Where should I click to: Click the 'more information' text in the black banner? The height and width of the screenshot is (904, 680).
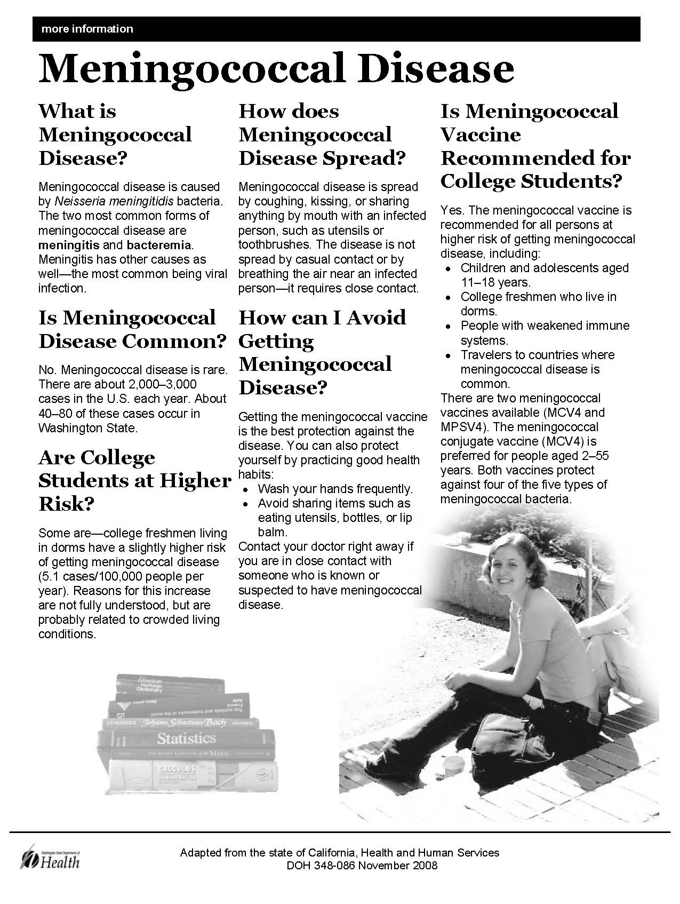(x=87, y=29)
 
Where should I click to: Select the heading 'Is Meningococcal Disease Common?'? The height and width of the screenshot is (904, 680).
(x=132, y=329)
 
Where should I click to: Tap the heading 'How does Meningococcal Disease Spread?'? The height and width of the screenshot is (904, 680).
(x=322, y=134)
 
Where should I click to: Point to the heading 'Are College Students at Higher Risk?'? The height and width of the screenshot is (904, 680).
(x=134, y=480)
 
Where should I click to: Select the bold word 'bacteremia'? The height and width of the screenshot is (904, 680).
(x=159, y=245)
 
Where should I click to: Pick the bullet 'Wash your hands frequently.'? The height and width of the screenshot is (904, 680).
(x=335, y=489)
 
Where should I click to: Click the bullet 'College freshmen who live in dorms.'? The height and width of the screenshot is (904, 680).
(x=538, y=304)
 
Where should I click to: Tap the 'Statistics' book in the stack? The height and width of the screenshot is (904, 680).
(x=186, y=739)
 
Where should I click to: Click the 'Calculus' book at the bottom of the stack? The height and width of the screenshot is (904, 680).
(x=176, y=771)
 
